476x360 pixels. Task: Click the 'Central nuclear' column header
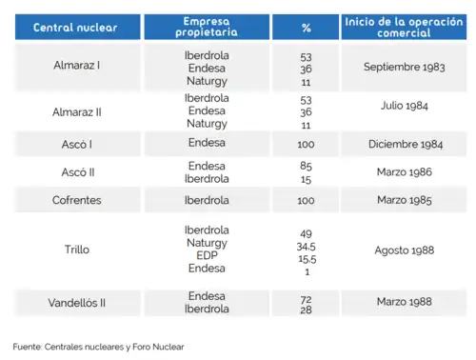75,27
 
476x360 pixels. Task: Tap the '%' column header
306,27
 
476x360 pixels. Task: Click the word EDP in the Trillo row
207,256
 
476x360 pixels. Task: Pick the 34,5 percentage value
306,247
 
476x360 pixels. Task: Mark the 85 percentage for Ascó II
306,166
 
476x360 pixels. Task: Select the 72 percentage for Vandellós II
306,299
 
